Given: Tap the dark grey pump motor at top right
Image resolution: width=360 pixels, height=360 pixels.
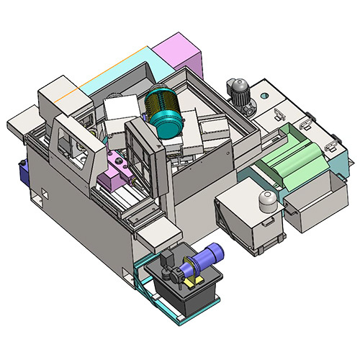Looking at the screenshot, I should (240, 91).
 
